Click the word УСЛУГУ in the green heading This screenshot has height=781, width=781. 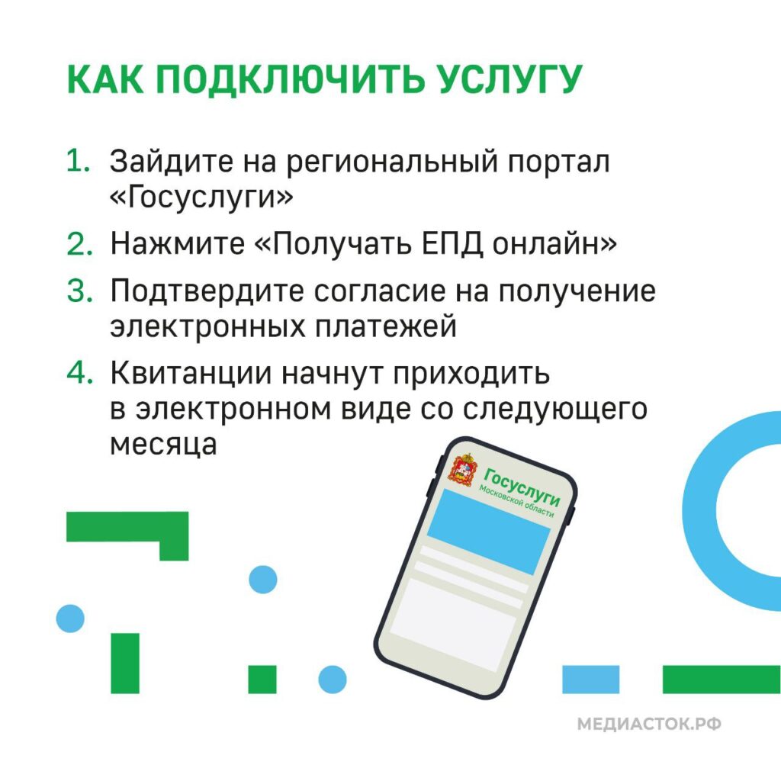point(509,79)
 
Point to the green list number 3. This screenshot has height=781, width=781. point(79,291)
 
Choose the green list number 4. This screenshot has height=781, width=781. point(79,372)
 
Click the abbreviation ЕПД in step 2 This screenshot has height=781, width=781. point(452,245)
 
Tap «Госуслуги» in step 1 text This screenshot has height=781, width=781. point(201,197)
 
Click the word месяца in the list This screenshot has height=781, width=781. point(163,444)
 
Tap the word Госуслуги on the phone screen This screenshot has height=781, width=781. point(522,486)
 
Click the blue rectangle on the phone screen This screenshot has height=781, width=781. point(487,532)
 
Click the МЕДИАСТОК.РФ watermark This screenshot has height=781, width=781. point(649,724)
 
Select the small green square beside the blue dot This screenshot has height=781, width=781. point(262,680)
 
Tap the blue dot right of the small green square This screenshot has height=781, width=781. point(333,680)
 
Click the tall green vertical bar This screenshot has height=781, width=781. point(125,663)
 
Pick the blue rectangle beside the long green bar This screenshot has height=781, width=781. point(591,680)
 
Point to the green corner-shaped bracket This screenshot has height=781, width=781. point(174,535)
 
